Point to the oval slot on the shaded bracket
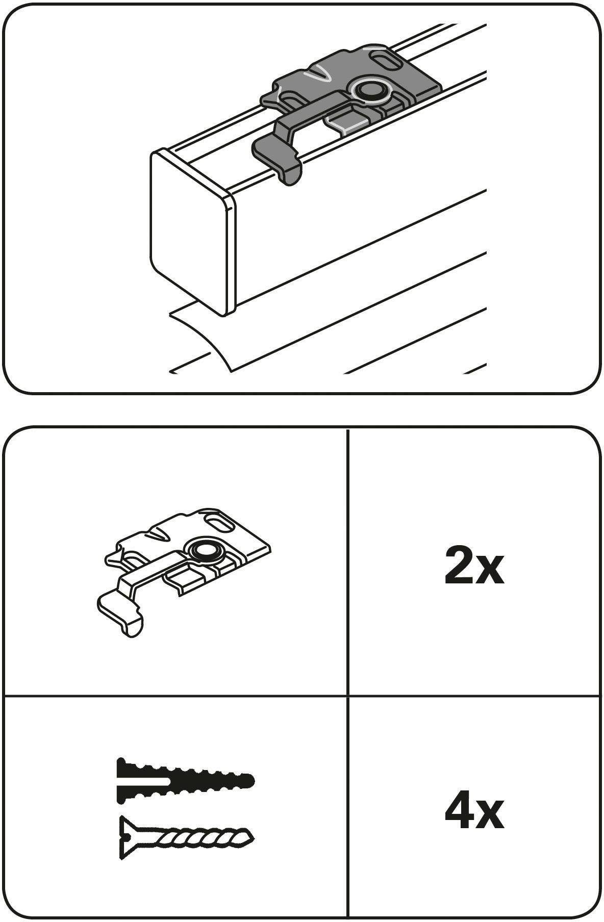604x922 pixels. pyautogui.click(x=387, y=57)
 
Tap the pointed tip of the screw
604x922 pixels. pyautogui.click(x=251, y=837)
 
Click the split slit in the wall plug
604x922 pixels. pyautogui.click(x=144, y=781)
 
